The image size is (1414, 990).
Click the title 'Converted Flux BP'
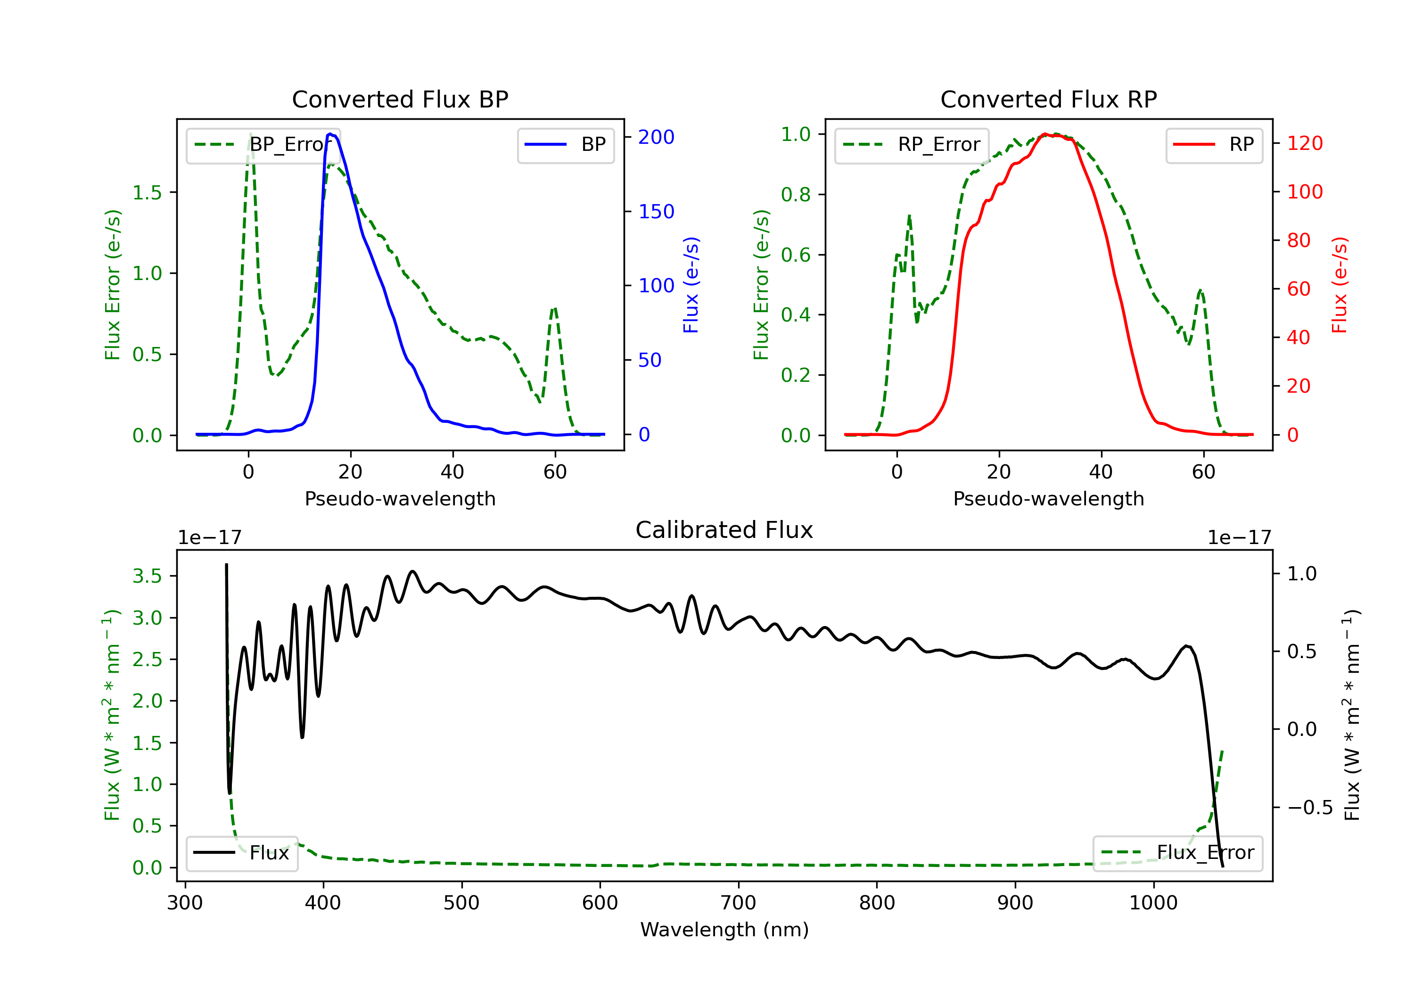pyautogui.click(x=400, y=99)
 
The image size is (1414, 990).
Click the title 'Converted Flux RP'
pyautogui.click(x=1048, y=99)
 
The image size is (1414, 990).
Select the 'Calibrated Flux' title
pyautogui.click(x=724, y=530)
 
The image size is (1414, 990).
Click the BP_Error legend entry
pyautogui.click(x=263, y=145)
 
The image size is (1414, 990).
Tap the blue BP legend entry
pyautogui.click(x=565, y=145)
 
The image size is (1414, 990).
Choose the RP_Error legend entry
pyautogui.click(x=912, y=145)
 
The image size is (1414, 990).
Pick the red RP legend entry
pyautogui.click(x=1214, y=145)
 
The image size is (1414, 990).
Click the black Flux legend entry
pyautogui.click(x=241, y=853)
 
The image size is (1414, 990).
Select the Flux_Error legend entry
pyautogui.click(x=1177, y=853)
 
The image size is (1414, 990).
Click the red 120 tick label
pyautogui.click(x=1304, y=143)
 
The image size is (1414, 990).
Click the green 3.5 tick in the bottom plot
pyautogui.click(x=147, y=576)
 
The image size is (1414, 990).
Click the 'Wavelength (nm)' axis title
pyautogui.click(x=724, y=930)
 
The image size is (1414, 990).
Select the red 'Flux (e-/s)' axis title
pyautogui.click(x=1340, y=285)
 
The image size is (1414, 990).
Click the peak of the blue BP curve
pyautogui.click(x=330, y=134)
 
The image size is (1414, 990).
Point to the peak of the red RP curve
pyautogui.click(x=1045, y=134)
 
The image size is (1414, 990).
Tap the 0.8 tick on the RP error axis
pyautogui.click(x=796, y=195)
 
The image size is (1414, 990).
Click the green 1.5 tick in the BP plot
pyautogui.click(x=147, y=192)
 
